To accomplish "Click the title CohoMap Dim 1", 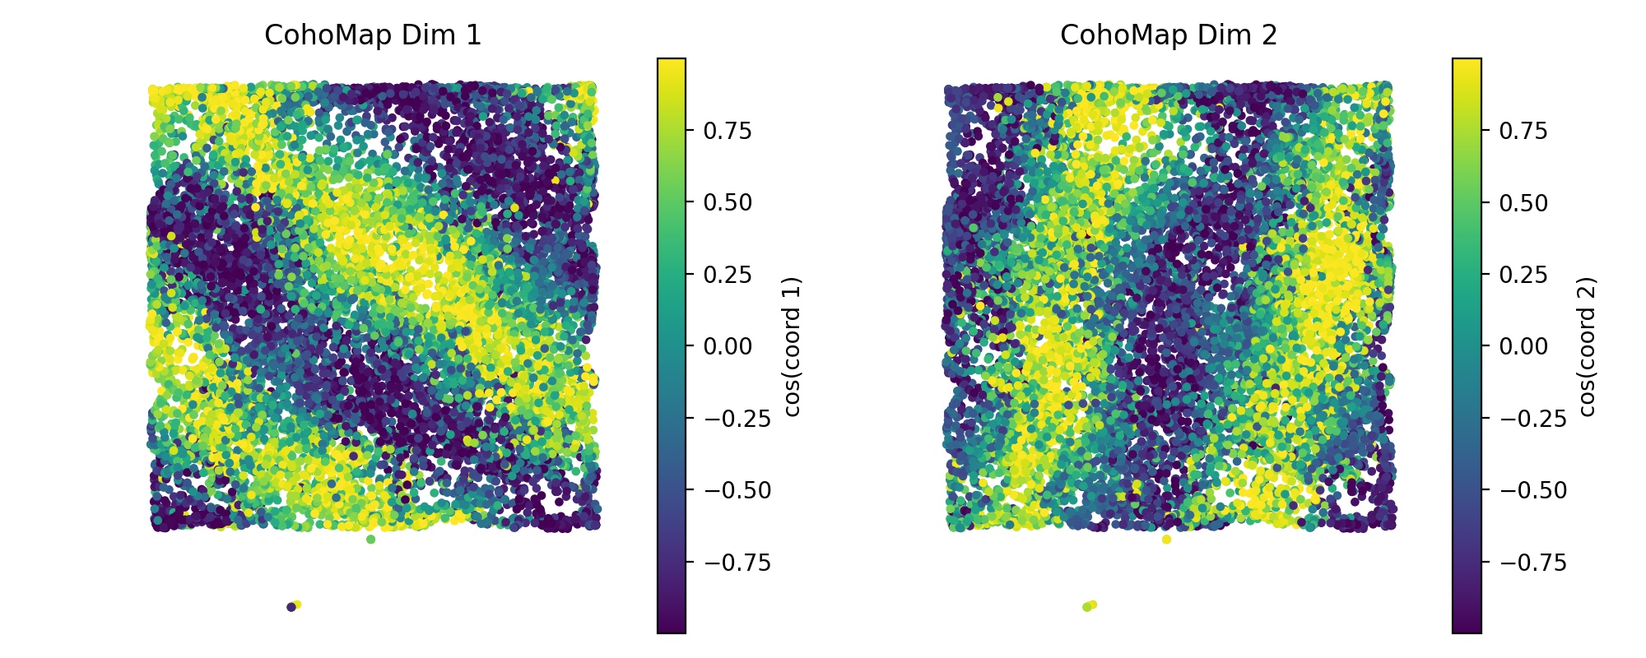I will click(x=372, y=35).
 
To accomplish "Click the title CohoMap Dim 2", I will click(x=1168, y=35).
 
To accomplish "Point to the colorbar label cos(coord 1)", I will click(x=793, y=346).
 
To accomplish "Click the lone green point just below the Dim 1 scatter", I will click(x=370, y=540).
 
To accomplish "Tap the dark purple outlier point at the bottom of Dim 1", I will click(x=291, y=607).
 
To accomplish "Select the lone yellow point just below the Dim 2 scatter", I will click(x=1166, y=540).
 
